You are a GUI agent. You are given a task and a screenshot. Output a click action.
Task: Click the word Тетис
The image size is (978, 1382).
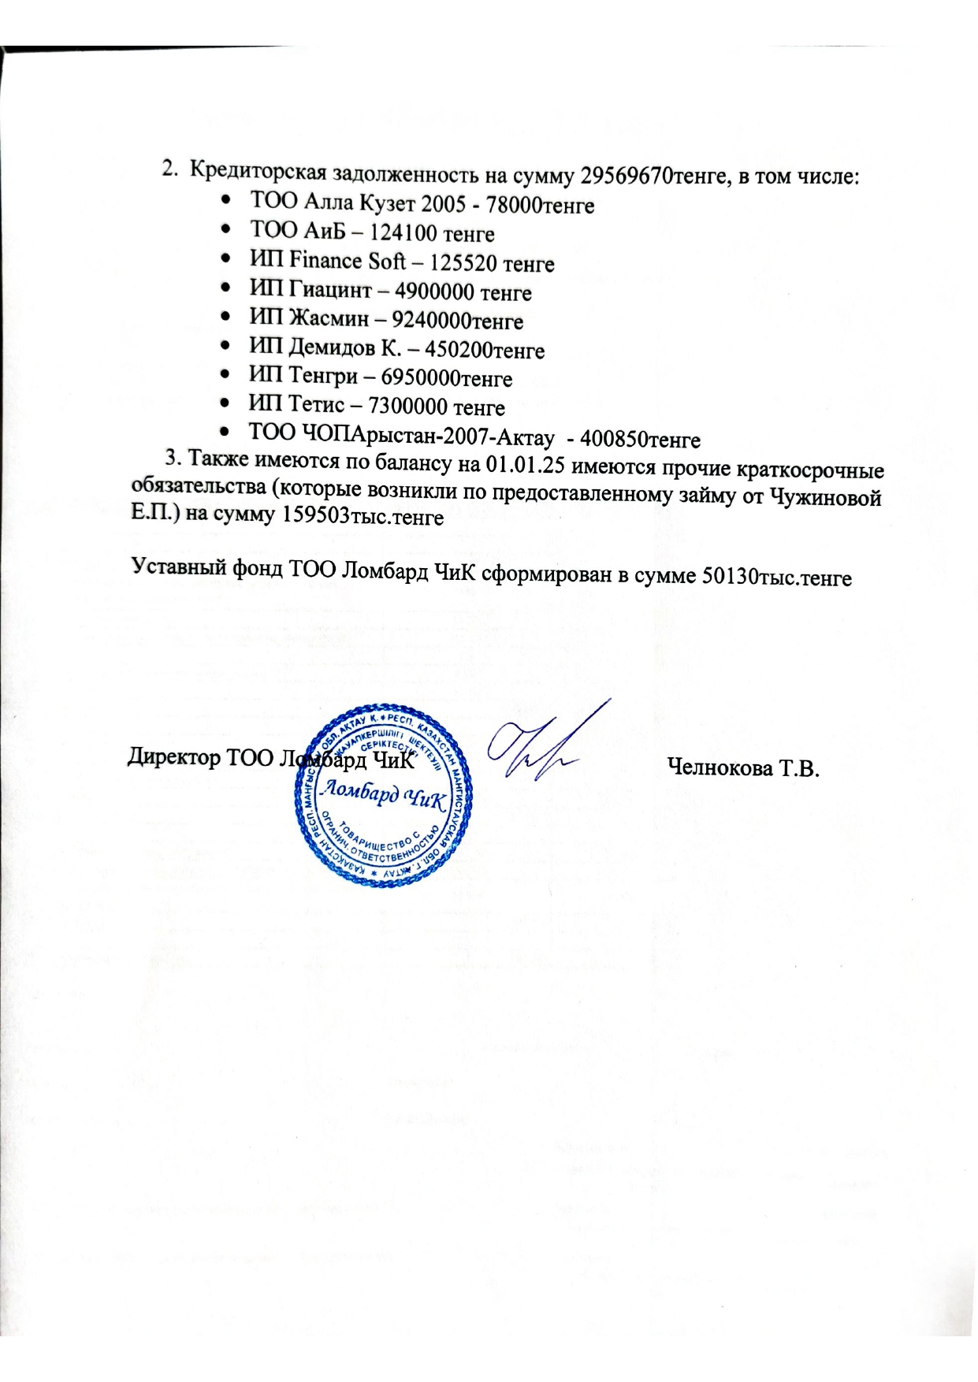(x=314, y=407)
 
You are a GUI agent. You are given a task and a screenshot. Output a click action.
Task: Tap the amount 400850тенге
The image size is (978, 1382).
(x=640, y=438)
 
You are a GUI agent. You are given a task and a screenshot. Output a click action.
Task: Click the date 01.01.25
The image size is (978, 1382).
(x=526, y=466)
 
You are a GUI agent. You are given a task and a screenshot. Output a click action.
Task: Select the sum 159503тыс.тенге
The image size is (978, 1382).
(x=359, y=517)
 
